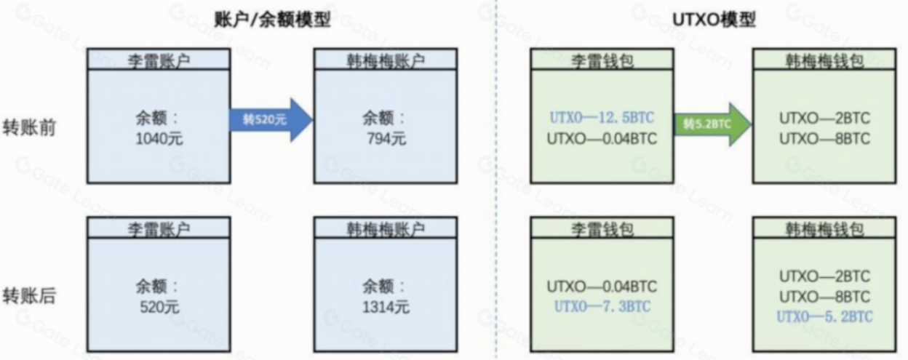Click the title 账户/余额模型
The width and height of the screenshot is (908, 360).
(273, 20)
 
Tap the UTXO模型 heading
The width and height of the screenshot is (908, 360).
(715, 20)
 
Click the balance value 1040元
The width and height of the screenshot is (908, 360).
(159, 137)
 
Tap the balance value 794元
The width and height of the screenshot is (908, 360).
(386, 137)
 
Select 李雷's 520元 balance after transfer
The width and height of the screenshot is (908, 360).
(159, 307)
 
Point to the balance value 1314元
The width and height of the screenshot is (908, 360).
(386, 307)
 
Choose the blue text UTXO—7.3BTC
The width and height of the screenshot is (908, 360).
(600, 306)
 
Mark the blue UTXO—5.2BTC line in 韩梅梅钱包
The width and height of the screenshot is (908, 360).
(824, 316)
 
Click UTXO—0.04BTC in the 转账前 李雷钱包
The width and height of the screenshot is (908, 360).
(600, 137)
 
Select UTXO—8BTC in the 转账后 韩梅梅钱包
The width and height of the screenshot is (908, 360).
(824, 297)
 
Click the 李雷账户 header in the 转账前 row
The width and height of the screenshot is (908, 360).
(159, 60)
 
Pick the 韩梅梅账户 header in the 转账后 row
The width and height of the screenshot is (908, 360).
(386, 228)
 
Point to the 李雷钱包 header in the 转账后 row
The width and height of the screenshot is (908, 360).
(600, 228)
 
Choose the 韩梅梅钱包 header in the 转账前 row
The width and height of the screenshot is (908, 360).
(824, 60)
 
